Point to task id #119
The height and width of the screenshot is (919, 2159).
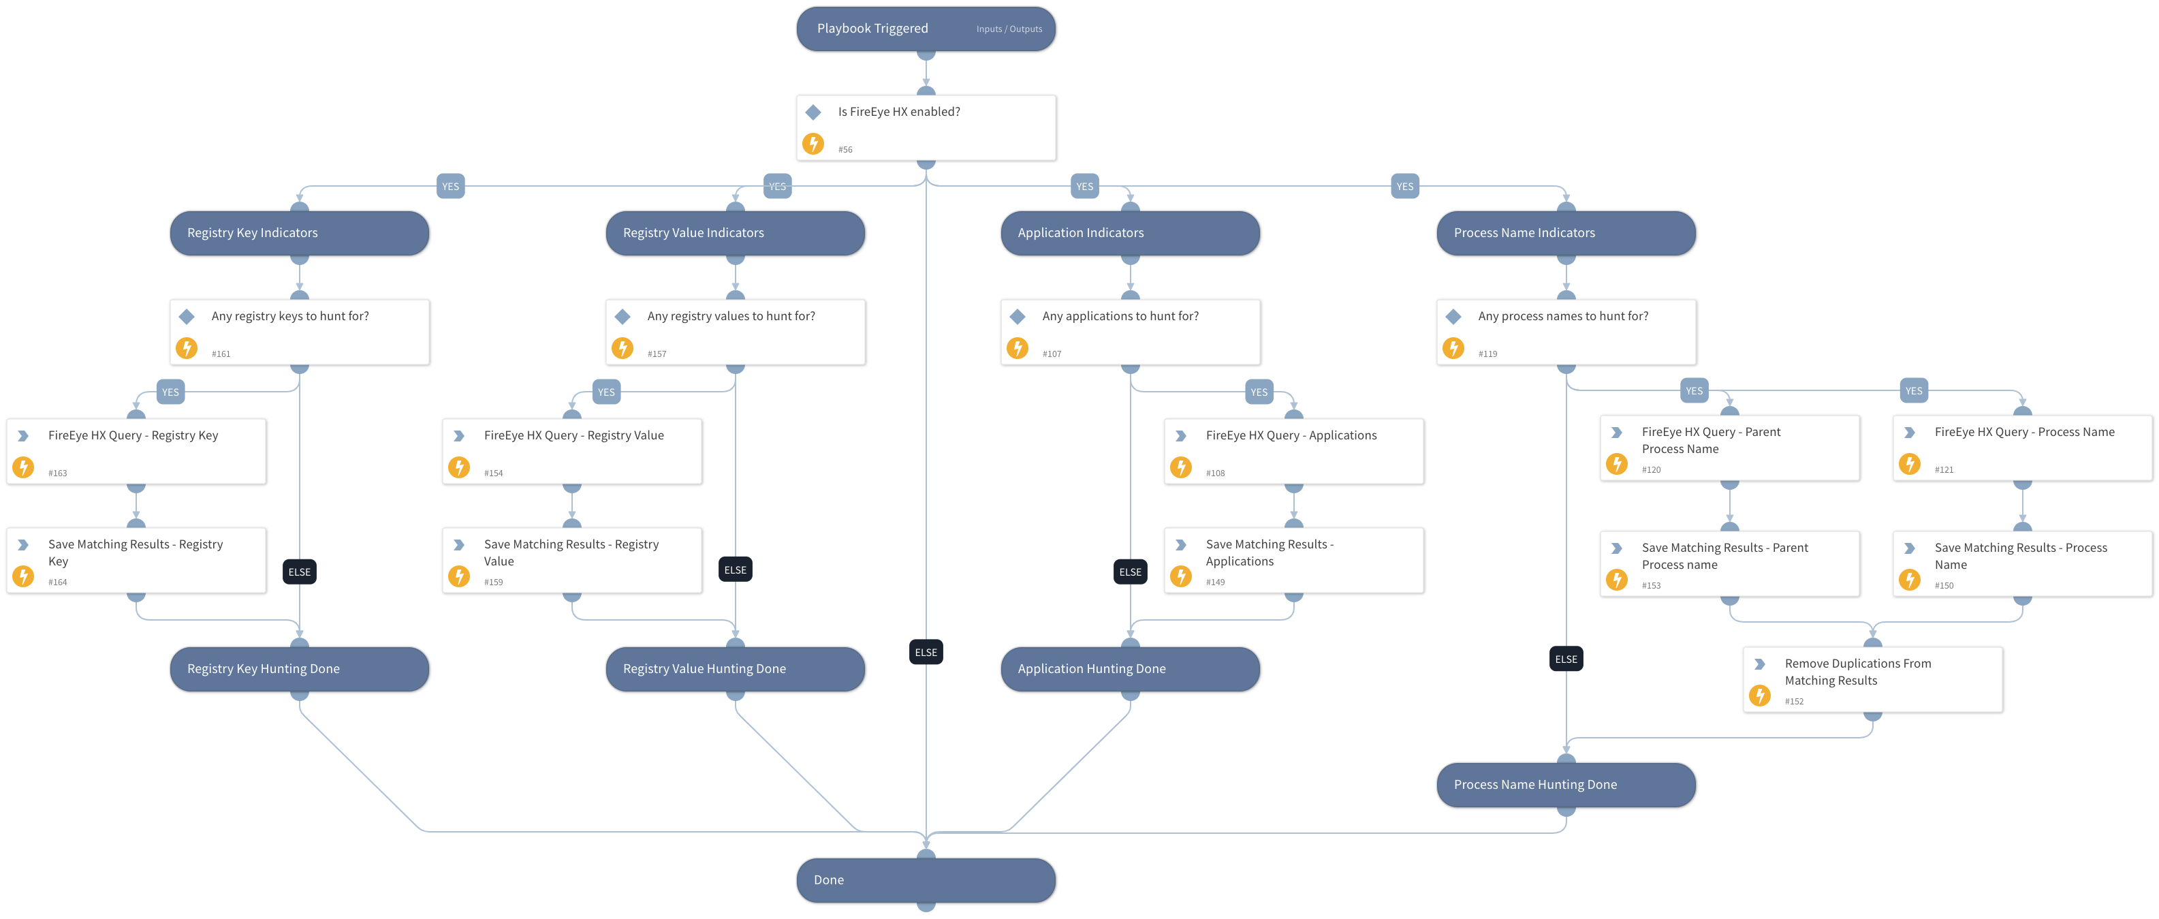pyautogui.click(x=1487, y=354)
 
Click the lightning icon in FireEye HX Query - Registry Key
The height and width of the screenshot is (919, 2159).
pyautogui.click(x=23, y=467)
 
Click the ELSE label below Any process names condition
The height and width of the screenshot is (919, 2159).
pyautogui.click(x=1566, y=659)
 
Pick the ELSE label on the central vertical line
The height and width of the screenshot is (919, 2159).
pyautogui.click(x=926, y=653)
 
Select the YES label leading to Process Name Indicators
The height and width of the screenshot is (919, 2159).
pyautogui.click(x=1404, y=187)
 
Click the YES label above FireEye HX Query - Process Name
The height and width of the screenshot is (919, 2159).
pyautogui.click(x=1912, y=391)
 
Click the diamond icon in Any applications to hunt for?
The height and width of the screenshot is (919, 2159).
pyautogui.click(x=1017, y=317)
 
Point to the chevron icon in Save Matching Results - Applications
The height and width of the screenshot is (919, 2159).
pyautogui.click(x=1180, y=545)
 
